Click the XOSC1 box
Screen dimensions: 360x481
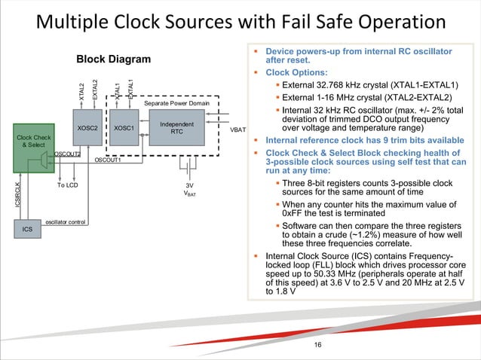click(123, 128)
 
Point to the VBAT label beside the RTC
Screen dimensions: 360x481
click(239, 129)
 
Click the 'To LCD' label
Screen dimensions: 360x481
click(68, 185)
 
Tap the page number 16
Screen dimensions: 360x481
click(317, 345)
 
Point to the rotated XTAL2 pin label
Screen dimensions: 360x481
click(81, 90)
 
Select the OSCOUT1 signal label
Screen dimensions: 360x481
click(108, 160)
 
